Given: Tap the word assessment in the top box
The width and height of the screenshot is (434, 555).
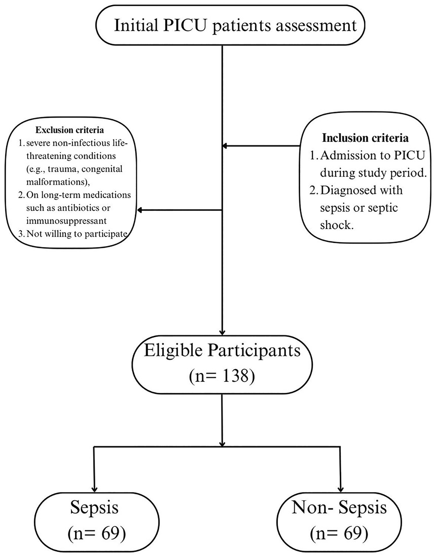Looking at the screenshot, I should point(316,26).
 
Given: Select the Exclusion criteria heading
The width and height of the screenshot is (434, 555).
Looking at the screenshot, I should point(70,130).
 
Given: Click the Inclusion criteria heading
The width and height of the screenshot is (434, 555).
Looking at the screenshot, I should point(365,138).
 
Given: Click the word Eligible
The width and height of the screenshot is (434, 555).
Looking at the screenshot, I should point(173,351).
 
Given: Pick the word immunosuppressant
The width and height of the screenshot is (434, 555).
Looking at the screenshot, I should point(66,221).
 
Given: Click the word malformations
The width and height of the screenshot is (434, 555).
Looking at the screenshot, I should point(57,182).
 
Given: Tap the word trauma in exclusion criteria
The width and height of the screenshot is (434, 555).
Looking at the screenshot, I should point(63,169).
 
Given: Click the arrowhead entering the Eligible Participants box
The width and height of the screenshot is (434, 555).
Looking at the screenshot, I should point(222,332).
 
